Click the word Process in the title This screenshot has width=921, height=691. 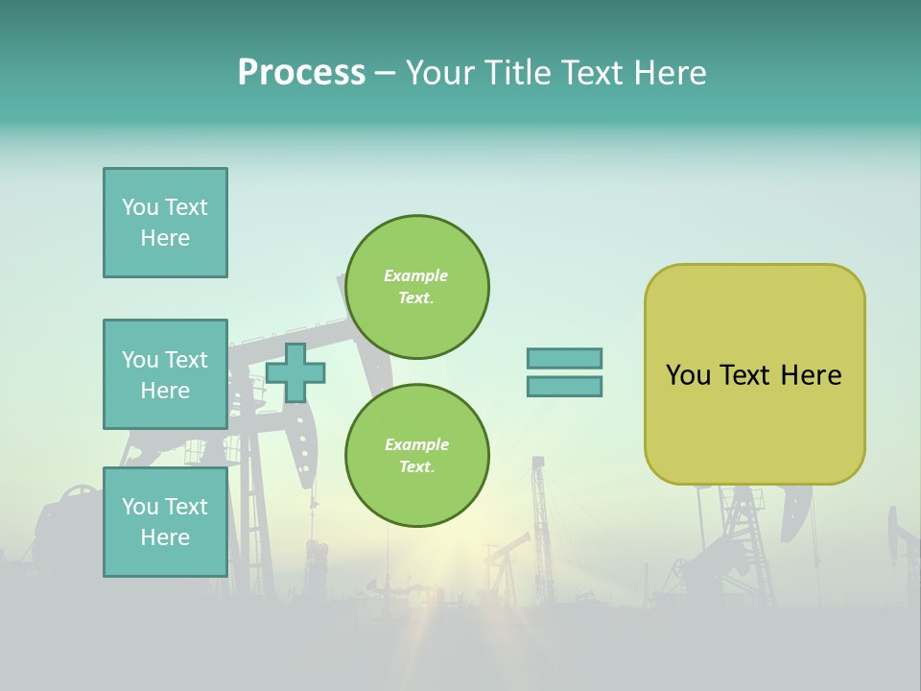pos(301,73)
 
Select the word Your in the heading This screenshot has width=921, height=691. pos(442,73)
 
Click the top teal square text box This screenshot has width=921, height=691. pos(165,223)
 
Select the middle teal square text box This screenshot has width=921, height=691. pos(165,374)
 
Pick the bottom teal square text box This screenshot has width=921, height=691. pos(165,521)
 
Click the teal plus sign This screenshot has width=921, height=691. pos(295,373)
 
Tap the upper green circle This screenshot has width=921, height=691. pos(416,287)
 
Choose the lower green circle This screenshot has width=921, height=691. pos(416,456)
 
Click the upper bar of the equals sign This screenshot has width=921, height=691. pos(564,358)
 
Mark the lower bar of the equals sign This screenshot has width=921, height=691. pos(564,387)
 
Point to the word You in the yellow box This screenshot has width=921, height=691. pos(688,375)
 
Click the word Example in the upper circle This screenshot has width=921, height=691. pos(415,275)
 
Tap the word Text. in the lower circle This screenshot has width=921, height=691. pos(415,467)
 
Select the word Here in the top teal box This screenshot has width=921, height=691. pos(165,238)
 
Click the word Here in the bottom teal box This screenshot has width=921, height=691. pos(165,537)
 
